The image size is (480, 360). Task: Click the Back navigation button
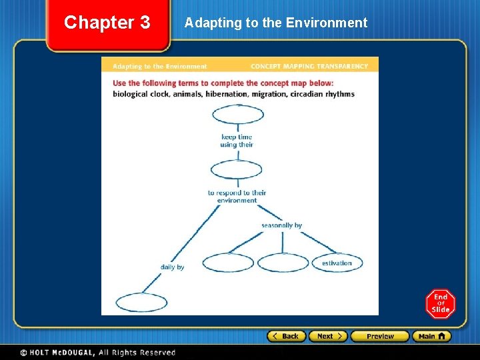point(286,336)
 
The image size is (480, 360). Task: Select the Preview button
point(379,336)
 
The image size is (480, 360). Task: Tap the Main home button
point(431,336)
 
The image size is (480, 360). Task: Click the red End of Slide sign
point(441,304)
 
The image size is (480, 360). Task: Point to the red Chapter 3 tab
point(107,23)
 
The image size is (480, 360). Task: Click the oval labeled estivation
point(337,263)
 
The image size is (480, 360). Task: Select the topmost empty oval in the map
point(238,114)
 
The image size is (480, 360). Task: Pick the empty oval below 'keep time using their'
point(237,170)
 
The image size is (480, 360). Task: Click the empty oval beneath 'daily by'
point(141,302)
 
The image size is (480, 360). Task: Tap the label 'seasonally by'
point(281,225)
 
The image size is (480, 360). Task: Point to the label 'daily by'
point(172,267)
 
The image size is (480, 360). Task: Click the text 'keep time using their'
point(237,141)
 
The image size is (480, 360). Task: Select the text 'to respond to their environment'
point(237,197)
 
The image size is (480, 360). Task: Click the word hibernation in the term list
point(227,94)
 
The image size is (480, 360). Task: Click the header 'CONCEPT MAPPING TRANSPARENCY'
point(309,67)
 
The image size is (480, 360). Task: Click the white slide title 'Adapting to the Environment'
point(276,23)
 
